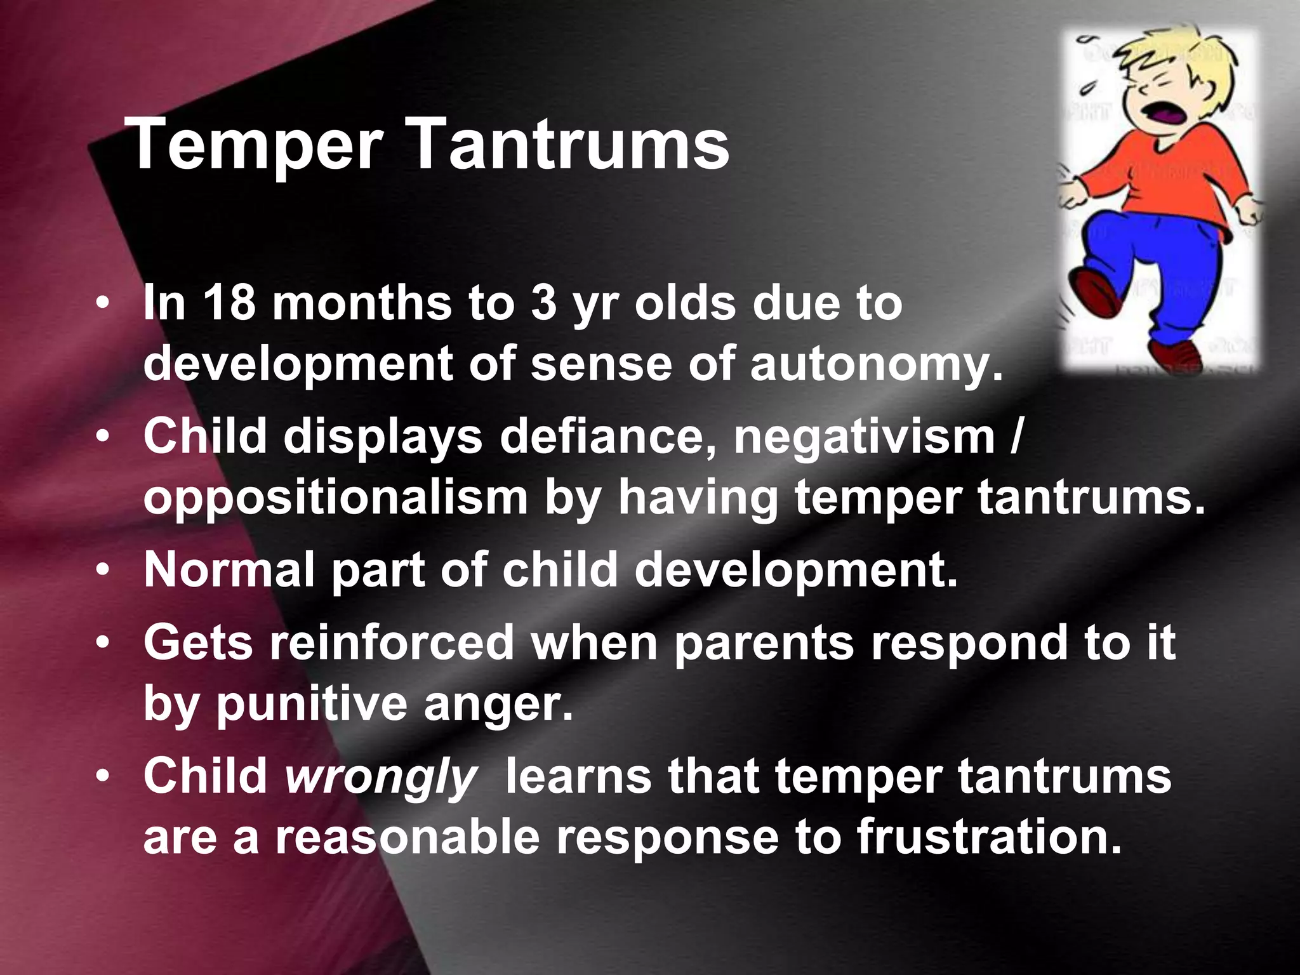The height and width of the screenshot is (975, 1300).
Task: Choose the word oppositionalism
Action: [x=335, y=499]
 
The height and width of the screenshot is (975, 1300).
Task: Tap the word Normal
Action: [x=229, y=569]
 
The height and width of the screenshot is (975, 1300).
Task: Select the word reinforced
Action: [x=392, y=642]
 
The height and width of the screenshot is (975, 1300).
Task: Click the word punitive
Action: [x=312, y=705]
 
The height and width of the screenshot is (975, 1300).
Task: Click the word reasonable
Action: [x=407, y=837]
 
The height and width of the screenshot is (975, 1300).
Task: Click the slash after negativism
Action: [x=1015, y=437]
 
